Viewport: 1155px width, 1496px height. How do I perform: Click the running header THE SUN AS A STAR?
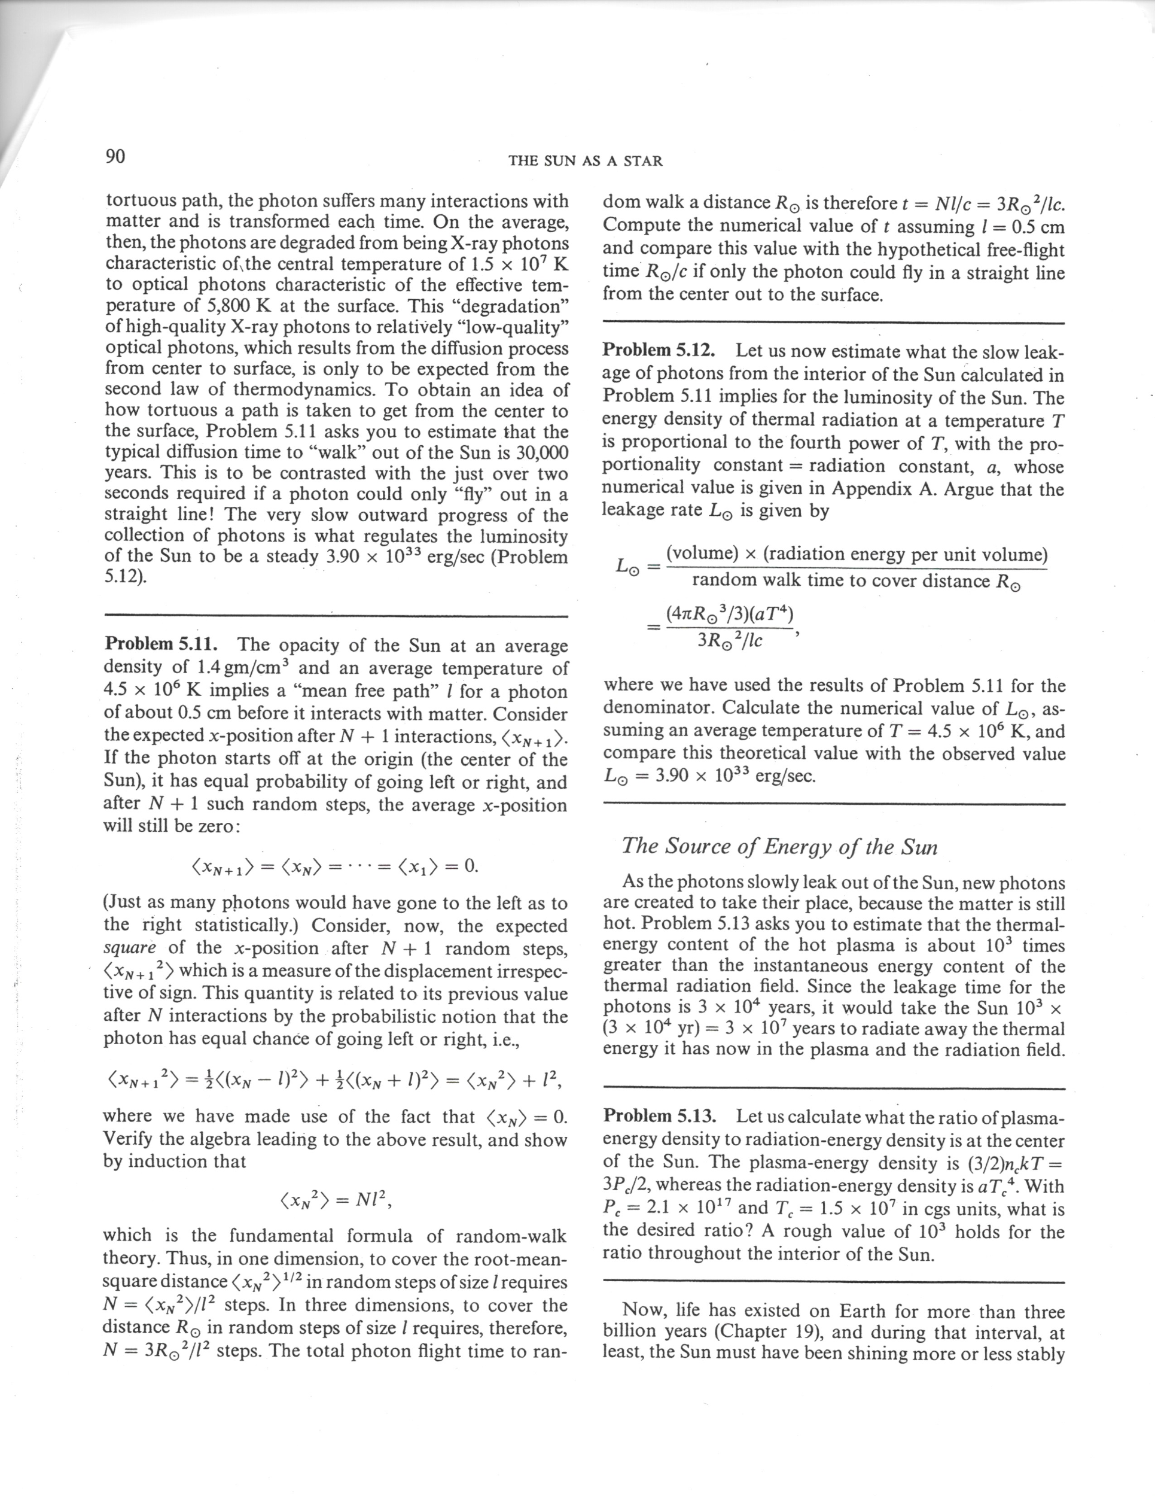point(586,162)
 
